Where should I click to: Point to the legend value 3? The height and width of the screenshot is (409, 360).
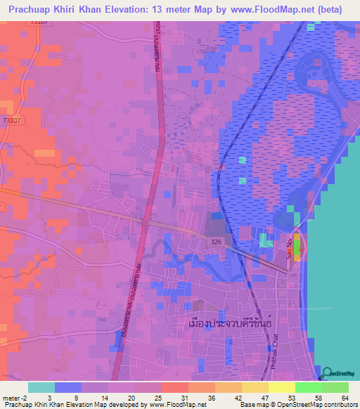pos(56,398)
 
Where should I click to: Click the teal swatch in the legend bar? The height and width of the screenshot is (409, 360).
pos(41,387)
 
